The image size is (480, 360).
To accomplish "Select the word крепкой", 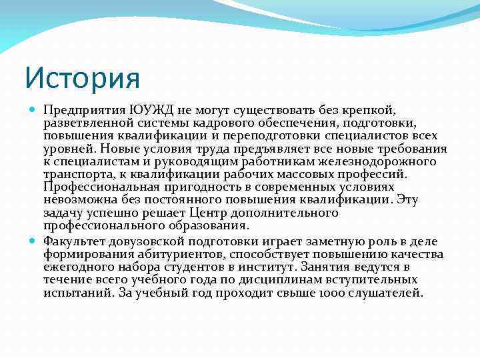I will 372,110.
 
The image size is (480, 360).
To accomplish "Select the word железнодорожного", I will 389,162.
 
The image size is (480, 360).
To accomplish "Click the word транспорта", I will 74,175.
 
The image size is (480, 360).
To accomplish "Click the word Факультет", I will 75,242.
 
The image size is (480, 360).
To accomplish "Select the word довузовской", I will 145,242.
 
